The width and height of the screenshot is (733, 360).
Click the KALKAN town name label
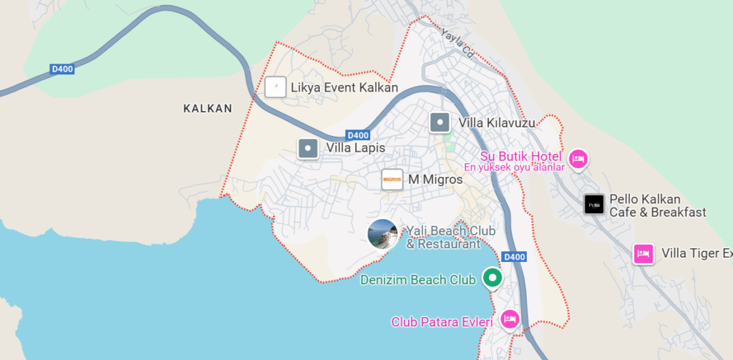tap(208, 109)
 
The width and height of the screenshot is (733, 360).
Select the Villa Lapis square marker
tap(308, 148)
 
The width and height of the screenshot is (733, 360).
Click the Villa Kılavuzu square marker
tap(440, 122)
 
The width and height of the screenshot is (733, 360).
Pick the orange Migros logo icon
tap(392, 180)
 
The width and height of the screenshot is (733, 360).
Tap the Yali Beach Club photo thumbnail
tap(382, 234)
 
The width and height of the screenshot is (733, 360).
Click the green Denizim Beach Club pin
tap(492, 278)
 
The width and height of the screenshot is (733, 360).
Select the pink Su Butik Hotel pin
tap(578, 158)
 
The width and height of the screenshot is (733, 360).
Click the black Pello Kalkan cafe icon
tap(593, 205)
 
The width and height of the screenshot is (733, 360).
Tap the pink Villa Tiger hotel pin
tap(644, 253)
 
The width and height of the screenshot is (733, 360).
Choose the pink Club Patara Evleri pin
tap(509, 318)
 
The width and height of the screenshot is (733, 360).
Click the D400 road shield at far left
tap(62, 69)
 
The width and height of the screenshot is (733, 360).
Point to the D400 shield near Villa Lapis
tap(357, 135)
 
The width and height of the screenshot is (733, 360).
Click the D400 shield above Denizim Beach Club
tap(514, 256)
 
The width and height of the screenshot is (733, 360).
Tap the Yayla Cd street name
tap(458, 42)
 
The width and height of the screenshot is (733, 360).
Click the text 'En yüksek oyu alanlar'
tap(515, 167)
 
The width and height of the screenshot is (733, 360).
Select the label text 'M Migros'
tap(435, 180)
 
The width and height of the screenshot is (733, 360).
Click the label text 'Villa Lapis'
tap(355, 148)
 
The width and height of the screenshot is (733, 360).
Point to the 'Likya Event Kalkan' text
tap(344, 88)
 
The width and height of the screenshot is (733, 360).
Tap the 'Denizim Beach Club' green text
tap(418, 280)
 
